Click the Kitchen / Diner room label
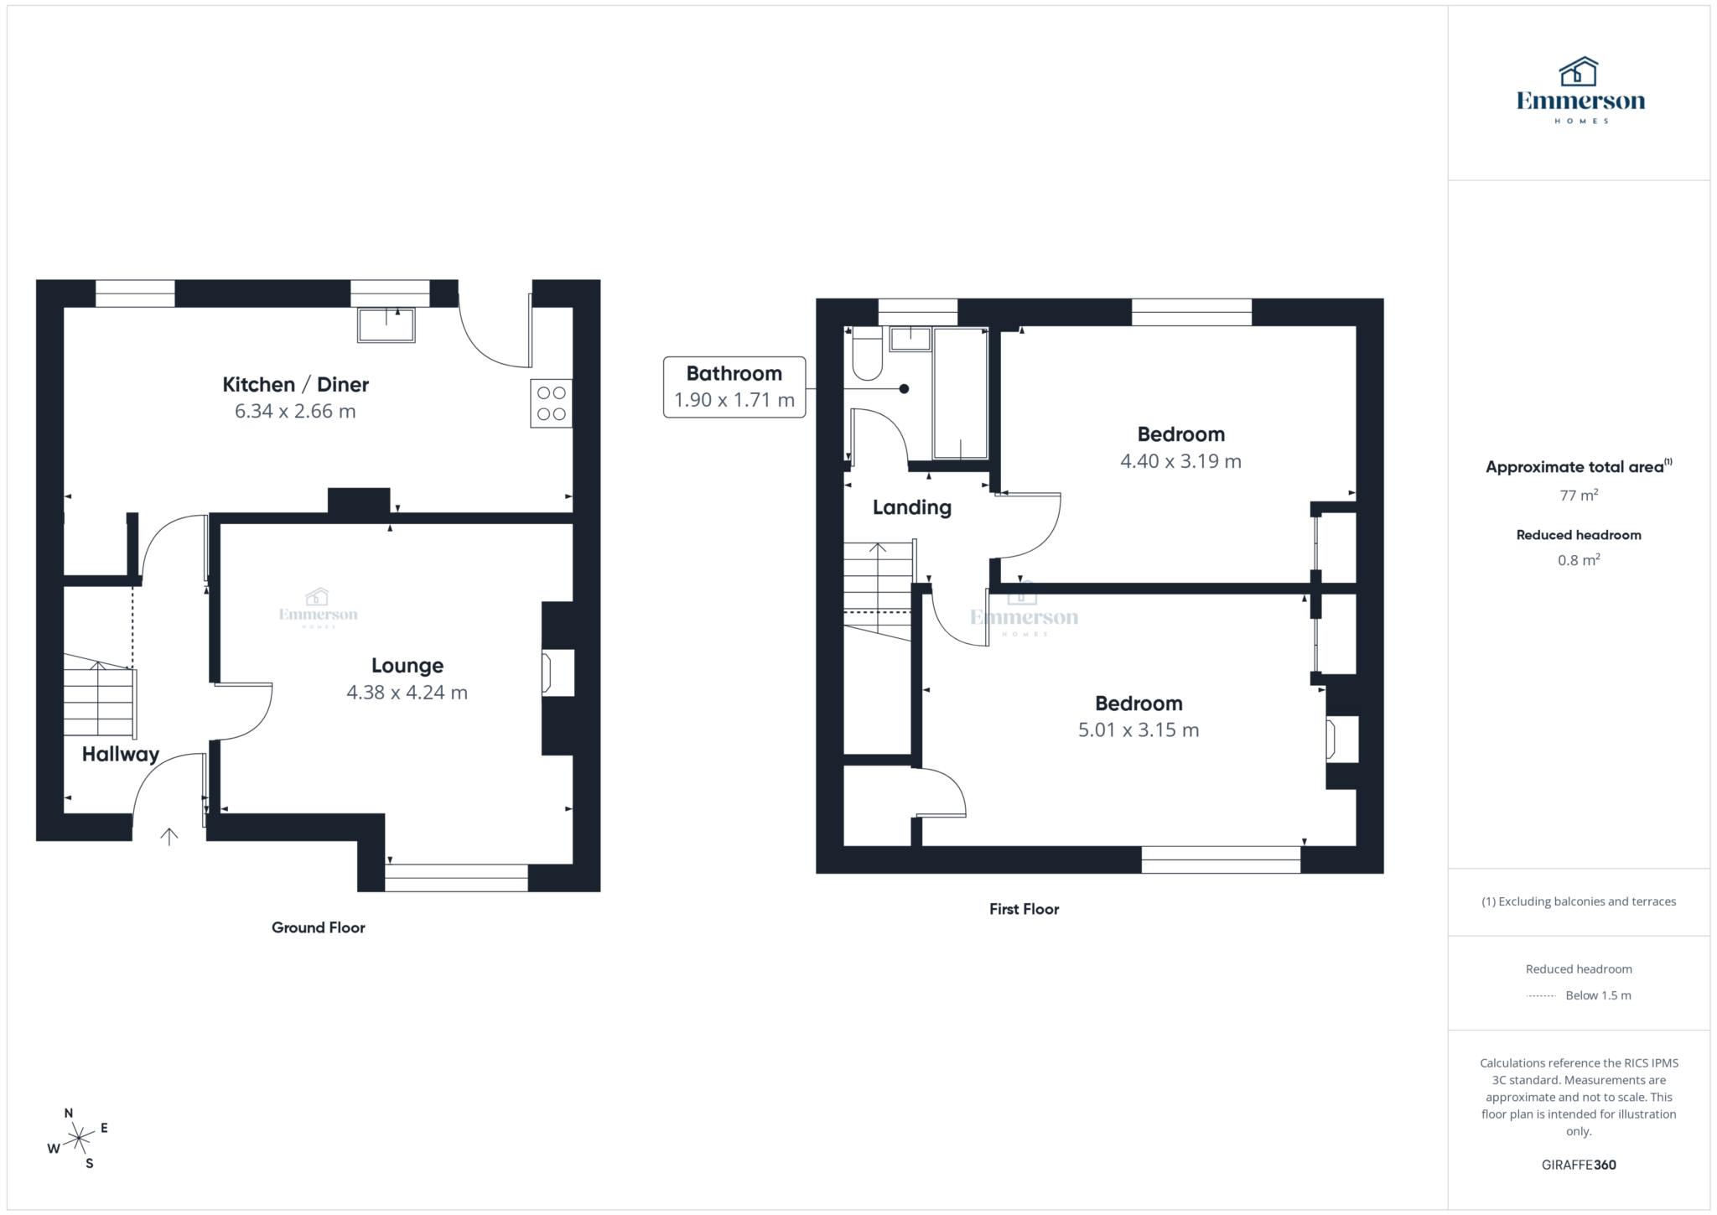(x=295, y=384)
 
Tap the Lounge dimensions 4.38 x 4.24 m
(x=407, y=693)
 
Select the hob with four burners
(x=551, y=403)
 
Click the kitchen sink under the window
(x=386, y=325)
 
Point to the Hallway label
(x=120, y=754)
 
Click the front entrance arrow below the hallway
(x=169, y=836)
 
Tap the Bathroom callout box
(x=734, y=387)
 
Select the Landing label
(x=911, y=507)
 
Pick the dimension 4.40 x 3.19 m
(x=1180, y=461)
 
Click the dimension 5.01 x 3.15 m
(x=1138, y=730)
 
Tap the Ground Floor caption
(x=318, y=927)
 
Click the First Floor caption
(x=1024, y=909)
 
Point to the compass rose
(x=79, y=1138)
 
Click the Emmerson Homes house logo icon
(x=1579, y=72)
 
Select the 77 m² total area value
(x=1579, y=496)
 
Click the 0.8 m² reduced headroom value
(x=1579, y=560)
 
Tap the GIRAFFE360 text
(x=1579, y=1165)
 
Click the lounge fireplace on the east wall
(x=558, y=672)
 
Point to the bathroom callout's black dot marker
(x=904, y=389)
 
